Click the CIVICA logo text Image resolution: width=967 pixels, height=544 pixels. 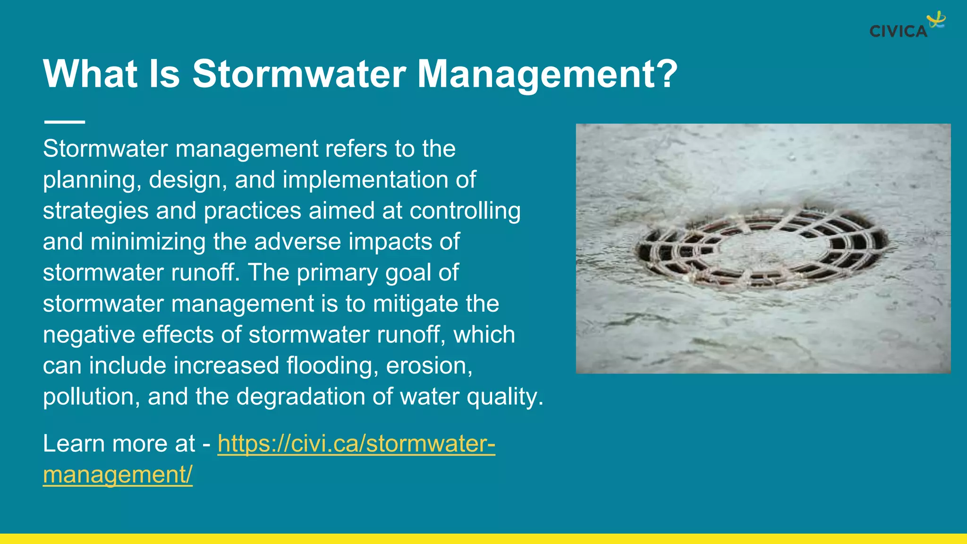[x=898, y=32]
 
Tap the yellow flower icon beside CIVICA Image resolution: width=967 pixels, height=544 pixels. [x=936, y=20]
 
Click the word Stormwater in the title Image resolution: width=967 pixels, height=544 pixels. [x=299, y=74]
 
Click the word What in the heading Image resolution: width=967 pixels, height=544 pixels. [x=90, y=74]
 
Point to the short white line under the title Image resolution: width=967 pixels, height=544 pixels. [x=65, y=122]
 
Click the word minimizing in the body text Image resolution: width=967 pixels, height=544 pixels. [x=148, y=242]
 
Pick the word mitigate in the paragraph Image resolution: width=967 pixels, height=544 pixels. [x=416, y=304]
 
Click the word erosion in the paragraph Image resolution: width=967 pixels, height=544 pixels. [x=428, y=366]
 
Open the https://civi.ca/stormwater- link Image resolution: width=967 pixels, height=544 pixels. [x=356, y=444]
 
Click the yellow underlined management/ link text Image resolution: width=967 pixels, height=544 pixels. [x=118, y=475]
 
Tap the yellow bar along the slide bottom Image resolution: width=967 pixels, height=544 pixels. [x=483, y=539]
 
